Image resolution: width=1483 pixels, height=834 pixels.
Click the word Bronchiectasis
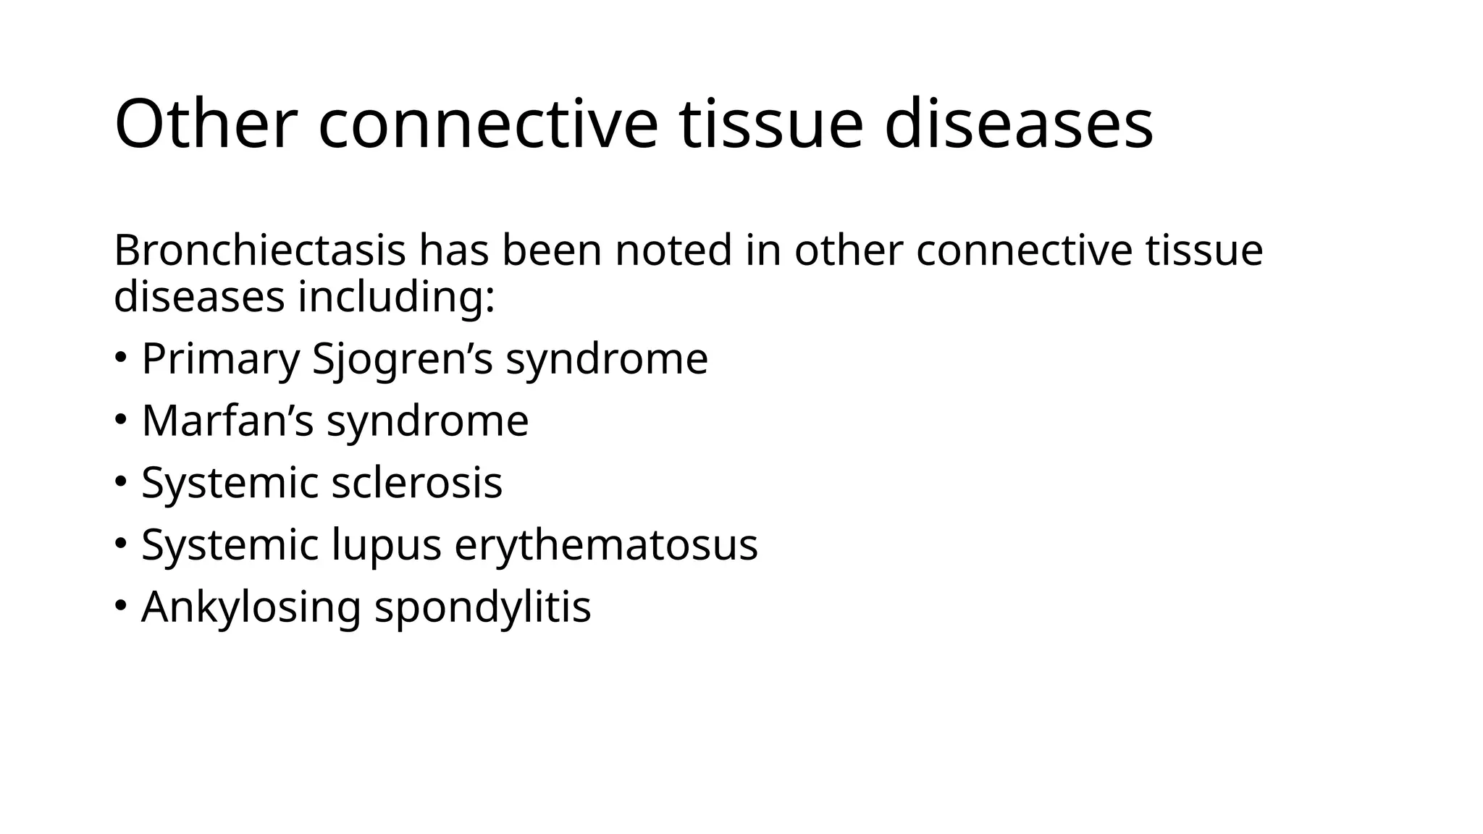click(259, 250)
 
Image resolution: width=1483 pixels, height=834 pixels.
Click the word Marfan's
click(227, 421)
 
